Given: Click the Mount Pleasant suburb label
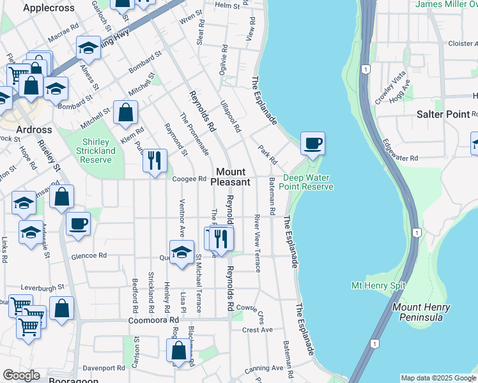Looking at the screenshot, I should coord(233,177).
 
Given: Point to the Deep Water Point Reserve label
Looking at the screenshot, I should coord(308,183).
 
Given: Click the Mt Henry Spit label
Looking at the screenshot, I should coord(378,285).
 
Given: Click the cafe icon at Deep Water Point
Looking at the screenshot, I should coord(312,144).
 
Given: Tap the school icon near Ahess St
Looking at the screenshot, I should coord(88,48).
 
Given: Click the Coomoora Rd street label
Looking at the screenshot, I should coord(153,320).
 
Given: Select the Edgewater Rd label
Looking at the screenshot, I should coord(401,158).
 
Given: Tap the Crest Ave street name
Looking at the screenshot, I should coord(257,330).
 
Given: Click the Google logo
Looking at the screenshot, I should coord(21,375).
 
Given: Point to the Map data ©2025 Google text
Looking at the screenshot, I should coord(438,378).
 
